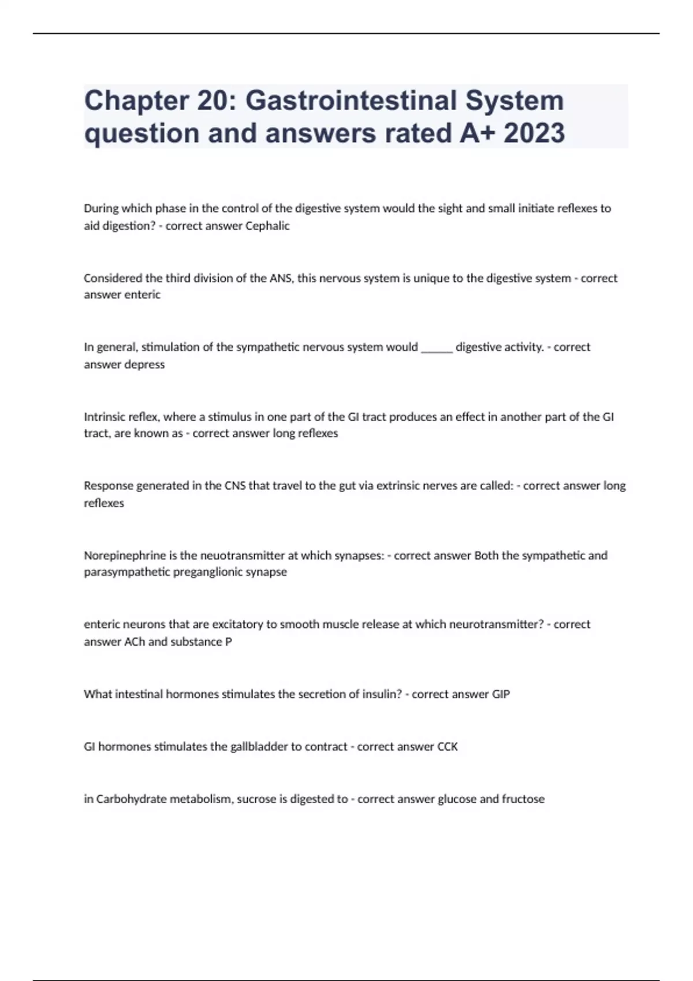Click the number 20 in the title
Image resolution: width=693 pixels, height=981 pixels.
pos(215,101)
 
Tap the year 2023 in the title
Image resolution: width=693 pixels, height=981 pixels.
pos(534,133)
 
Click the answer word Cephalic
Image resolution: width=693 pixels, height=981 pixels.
pos(267,226)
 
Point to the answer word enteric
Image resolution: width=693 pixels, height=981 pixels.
pos(140,295)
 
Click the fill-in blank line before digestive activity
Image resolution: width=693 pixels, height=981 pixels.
pos(437,348)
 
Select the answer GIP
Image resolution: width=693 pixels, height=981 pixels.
pos(501,694)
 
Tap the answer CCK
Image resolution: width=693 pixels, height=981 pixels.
pos(447,747)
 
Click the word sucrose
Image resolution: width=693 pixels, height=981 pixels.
pos(256,799)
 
